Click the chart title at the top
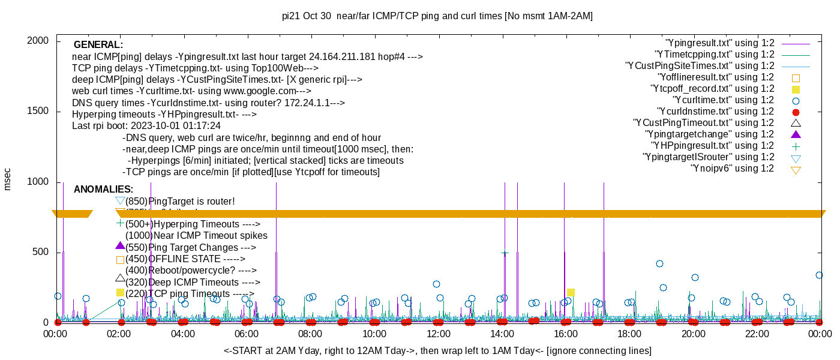pos(438,16)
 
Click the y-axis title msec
pos(7,179)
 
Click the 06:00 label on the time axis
pos(247,334)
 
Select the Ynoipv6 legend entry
pos(732,169)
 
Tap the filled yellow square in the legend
pos(796,89)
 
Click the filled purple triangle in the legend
pos(796,134)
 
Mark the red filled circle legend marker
pos(796,112)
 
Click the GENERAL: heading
pos(98,45)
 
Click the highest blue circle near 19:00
pos(659,263)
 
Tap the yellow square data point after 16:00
pos(571,292)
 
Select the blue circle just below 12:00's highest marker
pos(440,298)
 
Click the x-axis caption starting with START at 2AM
pos(437,350)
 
